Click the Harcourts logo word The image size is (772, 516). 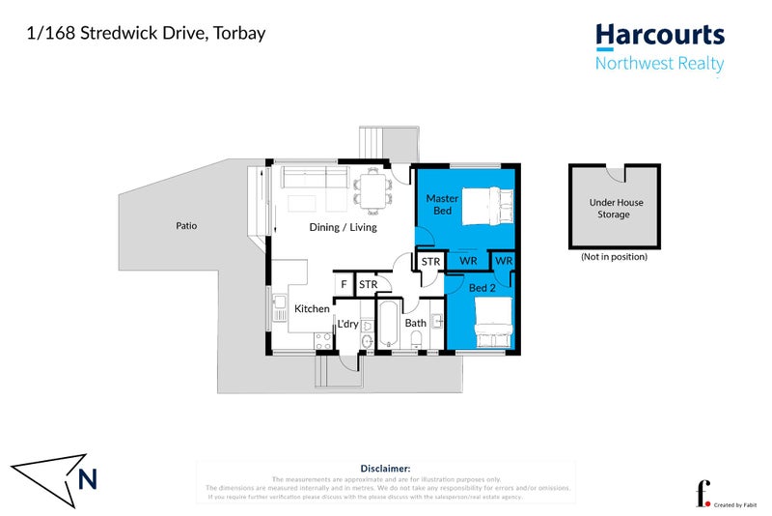click(x=659, y=36)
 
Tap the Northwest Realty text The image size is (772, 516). click(x=659, y=65)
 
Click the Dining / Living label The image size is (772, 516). click(x=343, y=227)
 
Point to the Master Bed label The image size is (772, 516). click(x=441, y=204)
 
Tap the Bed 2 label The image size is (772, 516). click(x=482, y=288)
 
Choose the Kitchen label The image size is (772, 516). click(x=312, y=308)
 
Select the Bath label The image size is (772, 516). click(x=416, y=323)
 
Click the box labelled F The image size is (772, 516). click(x=344, y=285)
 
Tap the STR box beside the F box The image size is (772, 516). click(x=368, y=285)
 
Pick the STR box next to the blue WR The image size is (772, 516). click(x=430, y=261)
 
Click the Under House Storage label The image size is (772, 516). click(x=609, y=209)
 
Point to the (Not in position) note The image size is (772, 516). click(x=614, y=257)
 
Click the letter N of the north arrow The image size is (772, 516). click(x=87, y=477)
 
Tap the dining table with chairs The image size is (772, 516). click(x=372, y=189)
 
